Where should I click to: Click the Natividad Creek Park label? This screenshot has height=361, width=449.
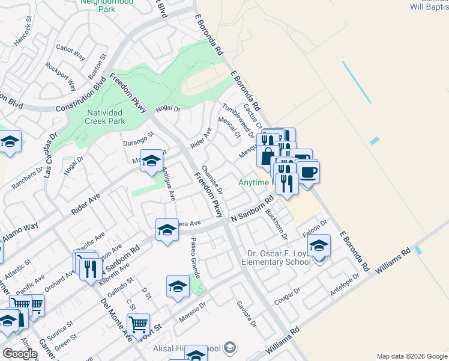click(x=104, y=117)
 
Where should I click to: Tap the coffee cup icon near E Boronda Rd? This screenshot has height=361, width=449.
click(x=309, y=173)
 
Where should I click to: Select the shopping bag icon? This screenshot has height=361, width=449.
click(x=267, y=156)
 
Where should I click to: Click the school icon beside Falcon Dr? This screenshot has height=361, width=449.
click(x=319, y=246)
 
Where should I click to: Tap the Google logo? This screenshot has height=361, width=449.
click(x=20, y=354)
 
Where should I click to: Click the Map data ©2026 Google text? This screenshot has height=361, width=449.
click(x=411, y=356)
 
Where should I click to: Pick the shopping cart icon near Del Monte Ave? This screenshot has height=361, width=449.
click(x=138, y=326)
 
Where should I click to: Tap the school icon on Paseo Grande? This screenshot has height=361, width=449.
click(x=178, y=288)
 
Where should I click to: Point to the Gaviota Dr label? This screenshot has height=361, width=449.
click(x=246, y=313)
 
